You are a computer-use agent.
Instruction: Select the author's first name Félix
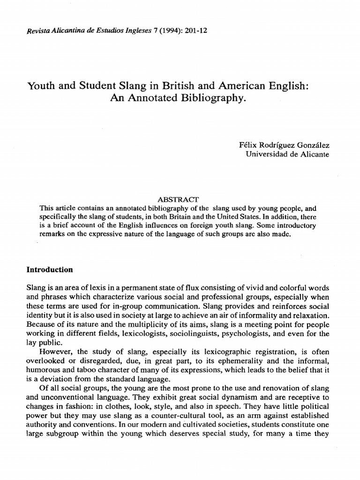coord(248,146)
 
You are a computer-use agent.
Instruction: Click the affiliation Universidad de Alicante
coord(287,155)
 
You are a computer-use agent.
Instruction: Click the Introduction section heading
coord(50,270)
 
